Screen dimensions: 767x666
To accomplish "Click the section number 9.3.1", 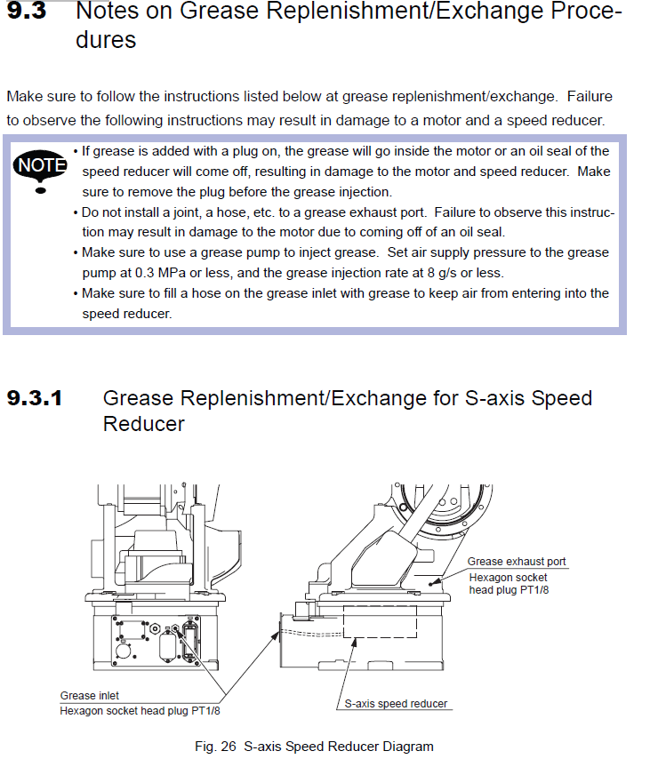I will click(35, 398).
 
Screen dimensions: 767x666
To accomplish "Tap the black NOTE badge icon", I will click(41, 165).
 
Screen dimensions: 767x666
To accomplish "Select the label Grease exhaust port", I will click(517, 562).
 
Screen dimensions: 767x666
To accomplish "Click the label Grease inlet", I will click(89, 696).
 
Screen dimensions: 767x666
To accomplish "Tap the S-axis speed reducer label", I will click(396, 704).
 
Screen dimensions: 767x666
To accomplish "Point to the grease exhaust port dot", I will click(433, 583).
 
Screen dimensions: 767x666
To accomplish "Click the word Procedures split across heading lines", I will click(107, 40).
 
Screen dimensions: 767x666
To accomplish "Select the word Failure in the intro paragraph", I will click(590, 96).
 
